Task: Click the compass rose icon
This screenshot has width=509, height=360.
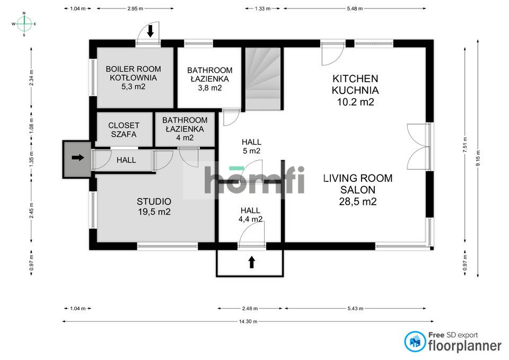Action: pyautogui.click(x=24, y=24)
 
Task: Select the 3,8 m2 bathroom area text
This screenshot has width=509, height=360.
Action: pyautogui.click(x=209, y=88)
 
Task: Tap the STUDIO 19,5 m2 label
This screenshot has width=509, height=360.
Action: pyautogui.click(x=154, y=207)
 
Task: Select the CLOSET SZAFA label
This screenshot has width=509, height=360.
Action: pyautogui.click(x=124, y=130)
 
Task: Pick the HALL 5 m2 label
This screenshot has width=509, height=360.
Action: pyautogui.click(x=251, y=146)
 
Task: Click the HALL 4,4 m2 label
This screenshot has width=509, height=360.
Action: pyautogui.click(x=251, y=214)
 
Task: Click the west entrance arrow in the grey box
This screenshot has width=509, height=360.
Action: pyautogui.click(x=77, y=157)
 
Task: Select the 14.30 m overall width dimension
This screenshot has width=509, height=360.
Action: pyautogui.click(x=247, y=321)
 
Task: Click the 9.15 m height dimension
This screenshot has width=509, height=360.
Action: pyautogui.click(x=478, y=159)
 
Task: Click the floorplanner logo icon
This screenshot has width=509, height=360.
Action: pyautogui.click(x=415, y=341)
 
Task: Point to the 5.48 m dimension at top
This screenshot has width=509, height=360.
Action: pyautogui.click(x=355, y=8)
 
